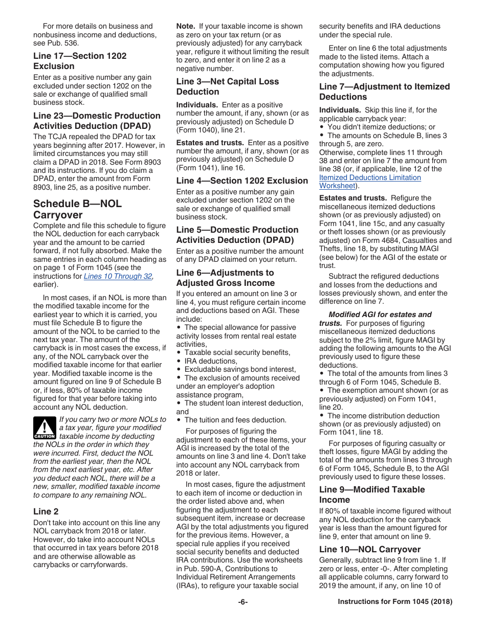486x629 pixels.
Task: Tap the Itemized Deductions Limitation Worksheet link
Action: pos(369,182)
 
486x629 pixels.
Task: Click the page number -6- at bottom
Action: pos(243,602)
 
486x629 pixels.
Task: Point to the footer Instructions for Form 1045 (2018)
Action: pos(395,602)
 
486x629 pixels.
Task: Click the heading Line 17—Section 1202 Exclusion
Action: pos(79,61)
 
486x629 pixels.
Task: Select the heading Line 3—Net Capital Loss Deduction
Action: pos(227,86)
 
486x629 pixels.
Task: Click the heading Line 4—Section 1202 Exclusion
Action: pos(242,181)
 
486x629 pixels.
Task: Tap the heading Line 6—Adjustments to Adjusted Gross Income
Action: pos(225,278)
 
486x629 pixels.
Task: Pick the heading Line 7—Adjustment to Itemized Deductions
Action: pos(384,92)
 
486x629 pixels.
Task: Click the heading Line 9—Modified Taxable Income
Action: pos(371,495)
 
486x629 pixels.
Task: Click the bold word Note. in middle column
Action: pos(185,26)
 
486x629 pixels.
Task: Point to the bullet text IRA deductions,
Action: pos(211,361)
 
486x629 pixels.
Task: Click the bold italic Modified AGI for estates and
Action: pos(380,314)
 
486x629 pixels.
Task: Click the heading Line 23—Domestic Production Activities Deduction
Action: pos(96,121)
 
